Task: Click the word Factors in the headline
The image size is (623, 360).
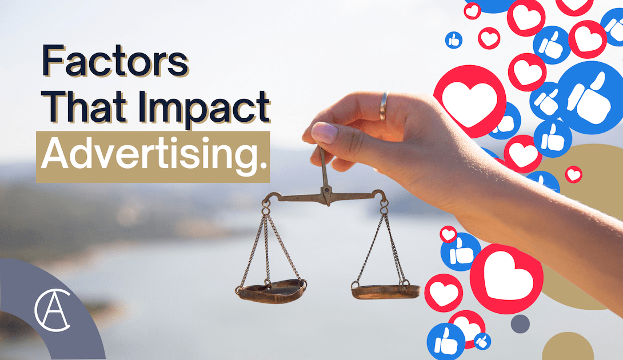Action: (x=115, y=61)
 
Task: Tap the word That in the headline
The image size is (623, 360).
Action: (x=87, y=106)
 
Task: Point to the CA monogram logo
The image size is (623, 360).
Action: (x=52, y=310)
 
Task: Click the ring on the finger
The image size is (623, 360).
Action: (x=383, y=106)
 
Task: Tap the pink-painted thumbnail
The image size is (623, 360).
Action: (x=324, y=133)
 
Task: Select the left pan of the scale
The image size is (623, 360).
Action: (x=271, y=291)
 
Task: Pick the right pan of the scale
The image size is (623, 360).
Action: (x=385, y=291)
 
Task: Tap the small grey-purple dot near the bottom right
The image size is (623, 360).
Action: (x=520, y=324)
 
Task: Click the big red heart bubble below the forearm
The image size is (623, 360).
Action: (x=506, y=279)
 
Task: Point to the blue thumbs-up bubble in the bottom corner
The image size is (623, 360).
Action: (x=446, y=342)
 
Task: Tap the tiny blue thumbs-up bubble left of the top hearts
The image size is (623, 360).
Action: (x=454, y=40)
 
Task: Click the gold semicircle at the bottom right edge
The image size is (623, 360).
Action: (x=568, y=346)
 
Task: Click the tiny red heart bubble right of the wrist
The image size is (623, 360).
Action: (x=573, y=174)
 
